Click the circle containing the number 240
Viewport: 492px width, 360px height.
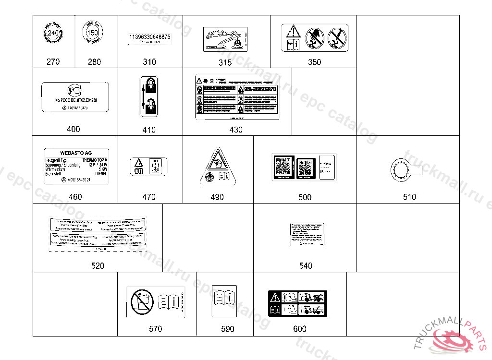(x=54, y=34)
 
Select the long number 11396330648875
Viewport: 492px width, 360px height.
(x=149, y=37)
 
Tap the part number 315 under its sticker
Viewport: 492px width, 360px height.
(x=225, y=62)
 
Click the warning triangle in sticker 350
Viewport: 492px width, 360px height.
(x=293, y=32)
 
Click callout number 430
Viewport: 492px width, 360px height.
(x=236, y=130)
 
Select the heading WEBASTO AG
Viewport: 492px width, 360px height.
(x=75, y=153)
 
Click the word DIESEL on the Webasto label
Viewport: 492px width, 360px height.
(x=101, y=174)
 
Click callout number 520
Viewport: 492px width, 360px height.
(x=98, y=265)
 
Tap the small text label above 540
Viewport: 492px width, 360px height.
(x=306, y=234)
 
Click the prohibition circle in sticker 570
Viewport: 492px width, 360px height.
(x=141, y=302)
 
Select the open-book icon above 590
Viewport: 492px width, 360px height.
(x=224, y=302)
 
